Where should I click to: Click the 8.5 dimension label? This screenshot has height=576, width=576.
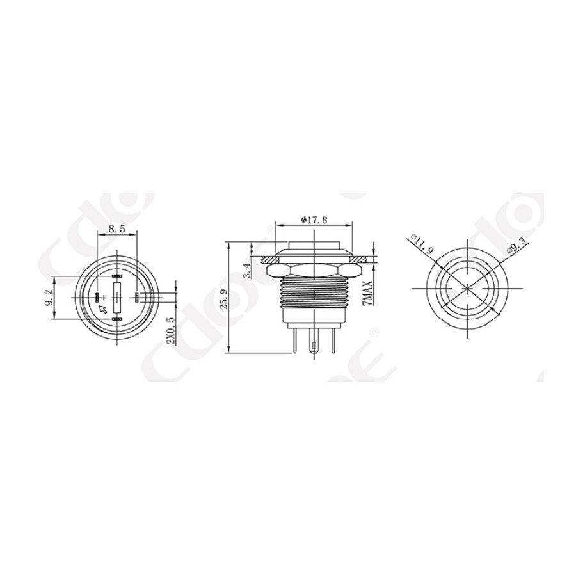(116, 227)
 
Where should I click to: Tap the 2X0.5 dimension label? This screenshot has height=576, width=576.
(170, 330)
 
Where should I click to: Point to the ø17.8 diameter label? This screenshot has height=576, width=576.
(314, 220)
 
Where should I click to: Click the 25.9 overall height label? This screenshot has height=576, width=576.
(222, 298)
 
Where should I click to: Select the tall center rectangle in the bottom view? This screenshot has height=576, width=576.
(116, 298)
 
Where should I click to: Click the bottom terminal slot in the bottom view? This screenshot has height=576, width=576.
(116, 319)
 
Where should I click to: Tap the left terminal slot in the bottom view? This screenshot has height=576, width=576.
(97, 298)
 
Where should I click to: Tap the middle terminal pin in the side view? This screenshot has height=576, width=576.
(314, 349)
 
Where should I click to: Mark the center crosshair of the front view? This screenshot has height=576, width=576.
(468, 289)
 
